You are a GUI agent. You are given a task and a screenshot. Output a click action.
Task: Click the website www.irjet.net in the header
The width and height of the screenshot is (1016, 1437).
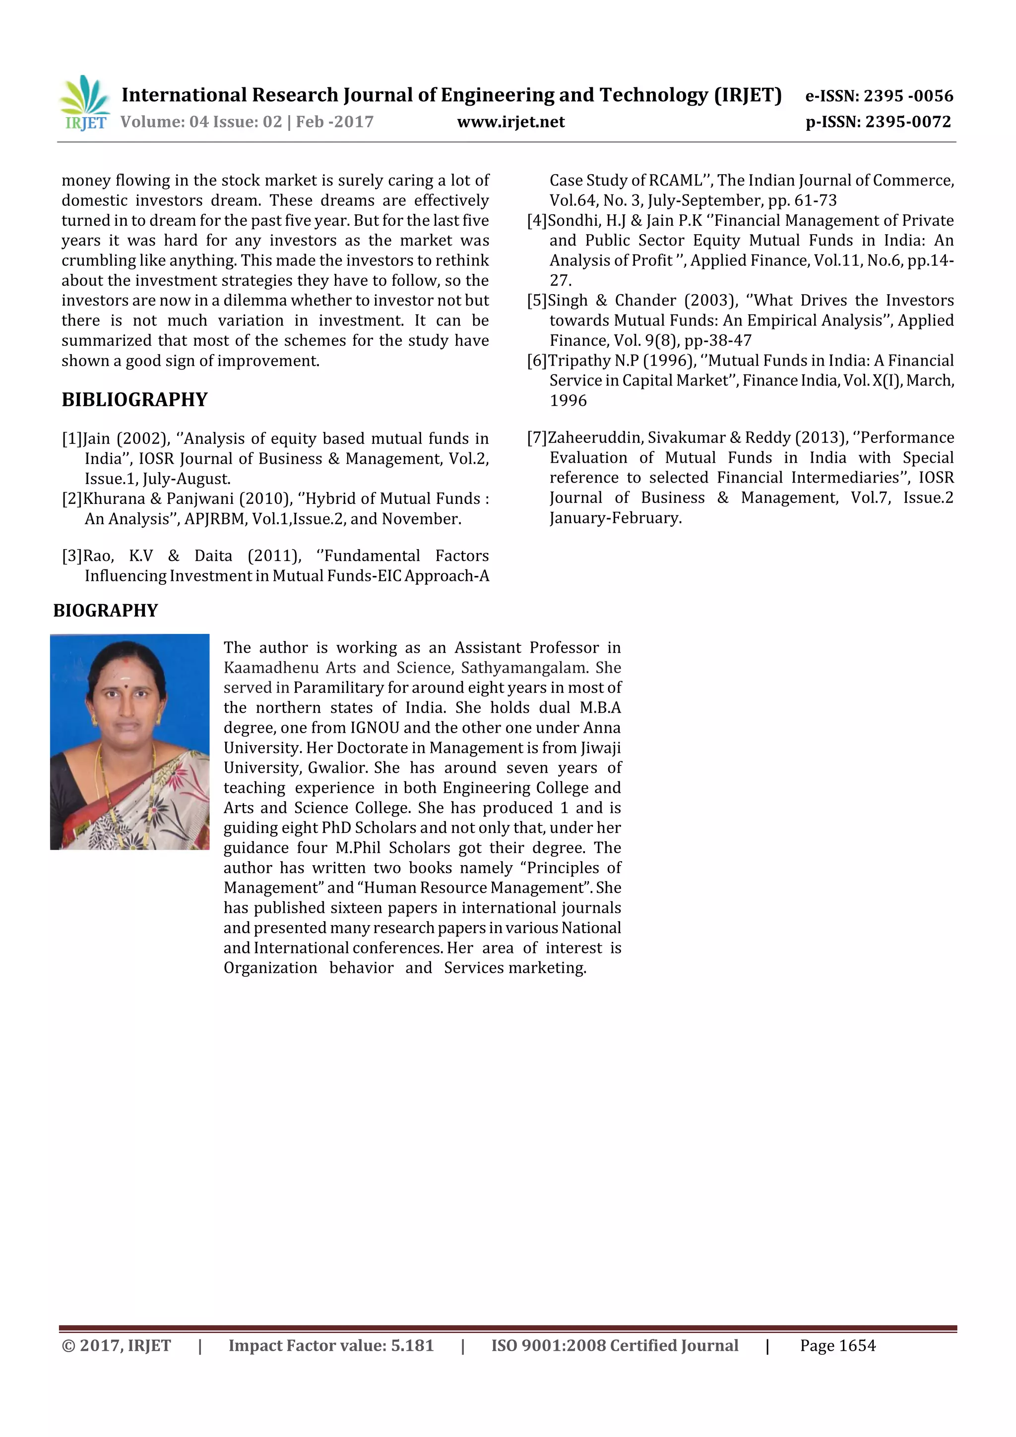(511, 122)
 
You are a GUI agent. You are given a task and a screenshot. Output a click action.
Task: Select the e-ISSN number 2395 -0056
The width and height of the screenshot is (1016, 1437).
(908, 96)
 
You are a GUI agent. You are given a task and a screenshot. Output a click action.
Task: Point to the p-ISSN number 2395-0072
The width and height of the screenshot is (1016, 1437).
(908, 122)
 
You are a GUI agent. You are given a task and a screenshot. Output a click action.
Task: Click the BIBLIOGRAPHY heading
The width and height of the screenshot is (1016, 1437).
(134, 399)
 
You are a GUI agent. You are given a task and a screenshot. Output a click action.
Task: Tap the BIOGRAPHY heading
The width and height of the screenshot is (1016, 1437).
(105, 610)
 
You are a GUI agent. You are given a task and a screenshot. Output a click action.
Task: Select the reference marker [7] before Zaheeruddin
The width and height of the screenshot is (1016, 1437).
(536, 437)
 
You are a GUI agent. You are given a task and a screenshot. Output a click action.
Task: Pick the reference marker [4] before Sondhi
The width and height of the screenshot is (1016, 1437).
(536, 220)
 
